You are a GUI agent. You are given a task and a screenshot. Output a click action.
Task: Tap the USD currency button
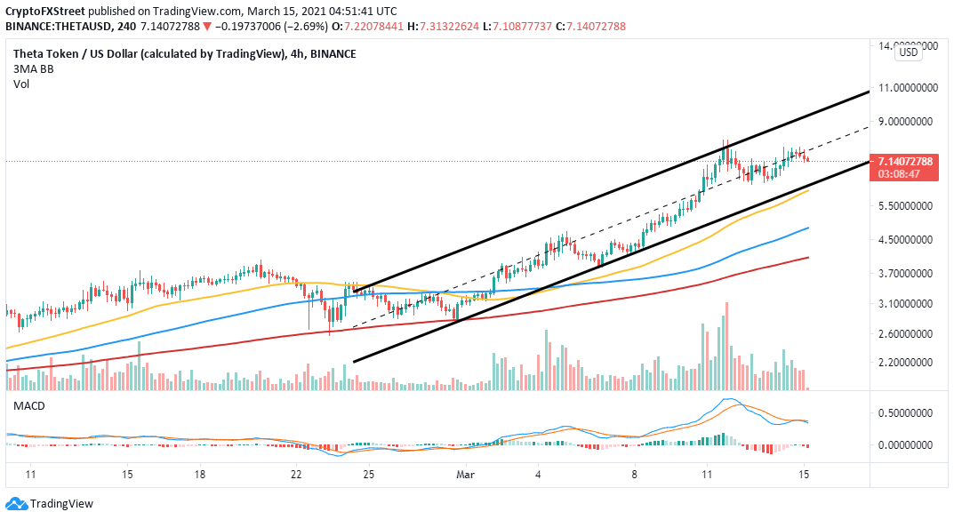pos(909,52)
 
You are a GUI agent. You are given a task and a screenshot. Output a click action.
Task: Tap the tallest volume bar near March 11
pos(726,347)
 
